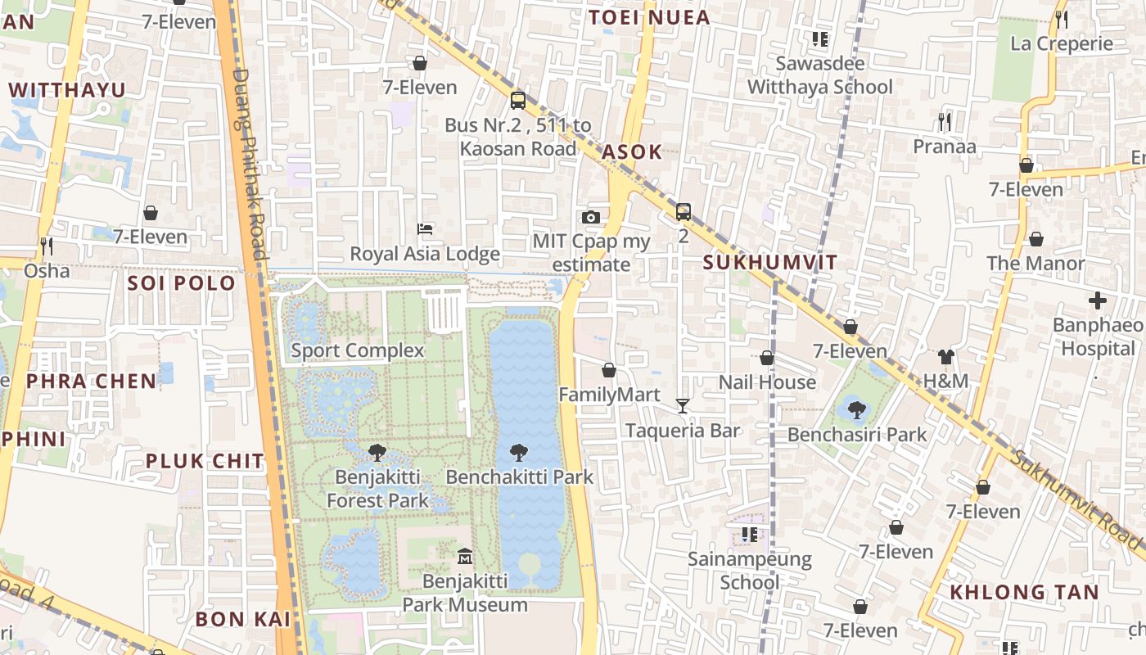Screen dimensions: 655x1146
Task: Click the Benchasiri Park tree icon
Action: pos(857,409)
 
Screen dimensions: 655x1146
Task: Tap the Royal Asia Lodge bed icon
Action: pos(425,228)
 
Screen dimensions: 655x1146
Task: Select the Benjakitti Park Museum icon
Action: pos(465,556)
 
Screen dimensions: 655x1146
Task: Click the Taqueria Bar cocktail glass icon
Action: pos(683,405)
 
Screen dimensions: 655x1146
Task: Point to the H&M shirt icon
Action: pos(945,356)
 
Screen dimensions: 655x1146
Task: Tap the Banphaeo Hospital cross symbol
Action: pos(1098,300)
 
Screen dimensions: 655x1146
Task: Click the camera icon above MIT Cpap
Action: pos(590,217)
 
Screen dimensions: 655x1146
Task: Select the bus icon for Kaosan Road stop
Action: pos(518,101)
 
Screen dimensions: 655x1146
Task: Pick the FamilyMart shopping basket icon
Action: pos(608,370)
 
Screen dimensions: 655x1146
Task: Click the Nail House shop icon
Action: pos(767,358)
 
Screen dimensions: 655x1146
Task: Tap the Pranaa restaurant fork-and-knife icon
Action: pos(945,122)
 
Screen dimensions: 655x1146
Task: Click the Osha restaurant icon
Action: pos(47,246)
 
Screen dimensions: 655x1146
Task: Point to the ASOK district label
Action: pos(632,152)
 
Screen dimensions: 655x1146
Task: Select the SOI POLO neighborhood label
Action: pos(181,283)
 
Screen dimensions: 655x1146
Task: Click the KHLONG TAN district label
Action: pos(1023,592)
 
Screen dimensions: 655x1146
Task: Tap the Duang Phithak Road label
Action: pos(250,164)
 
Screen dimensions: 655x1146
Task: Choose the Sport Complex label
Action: pos(358,350)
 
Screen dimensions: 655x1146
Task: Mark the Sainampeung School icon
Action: pos(749,535)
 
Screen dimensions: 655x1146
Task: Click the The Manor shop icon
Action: pos(1035,239)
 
